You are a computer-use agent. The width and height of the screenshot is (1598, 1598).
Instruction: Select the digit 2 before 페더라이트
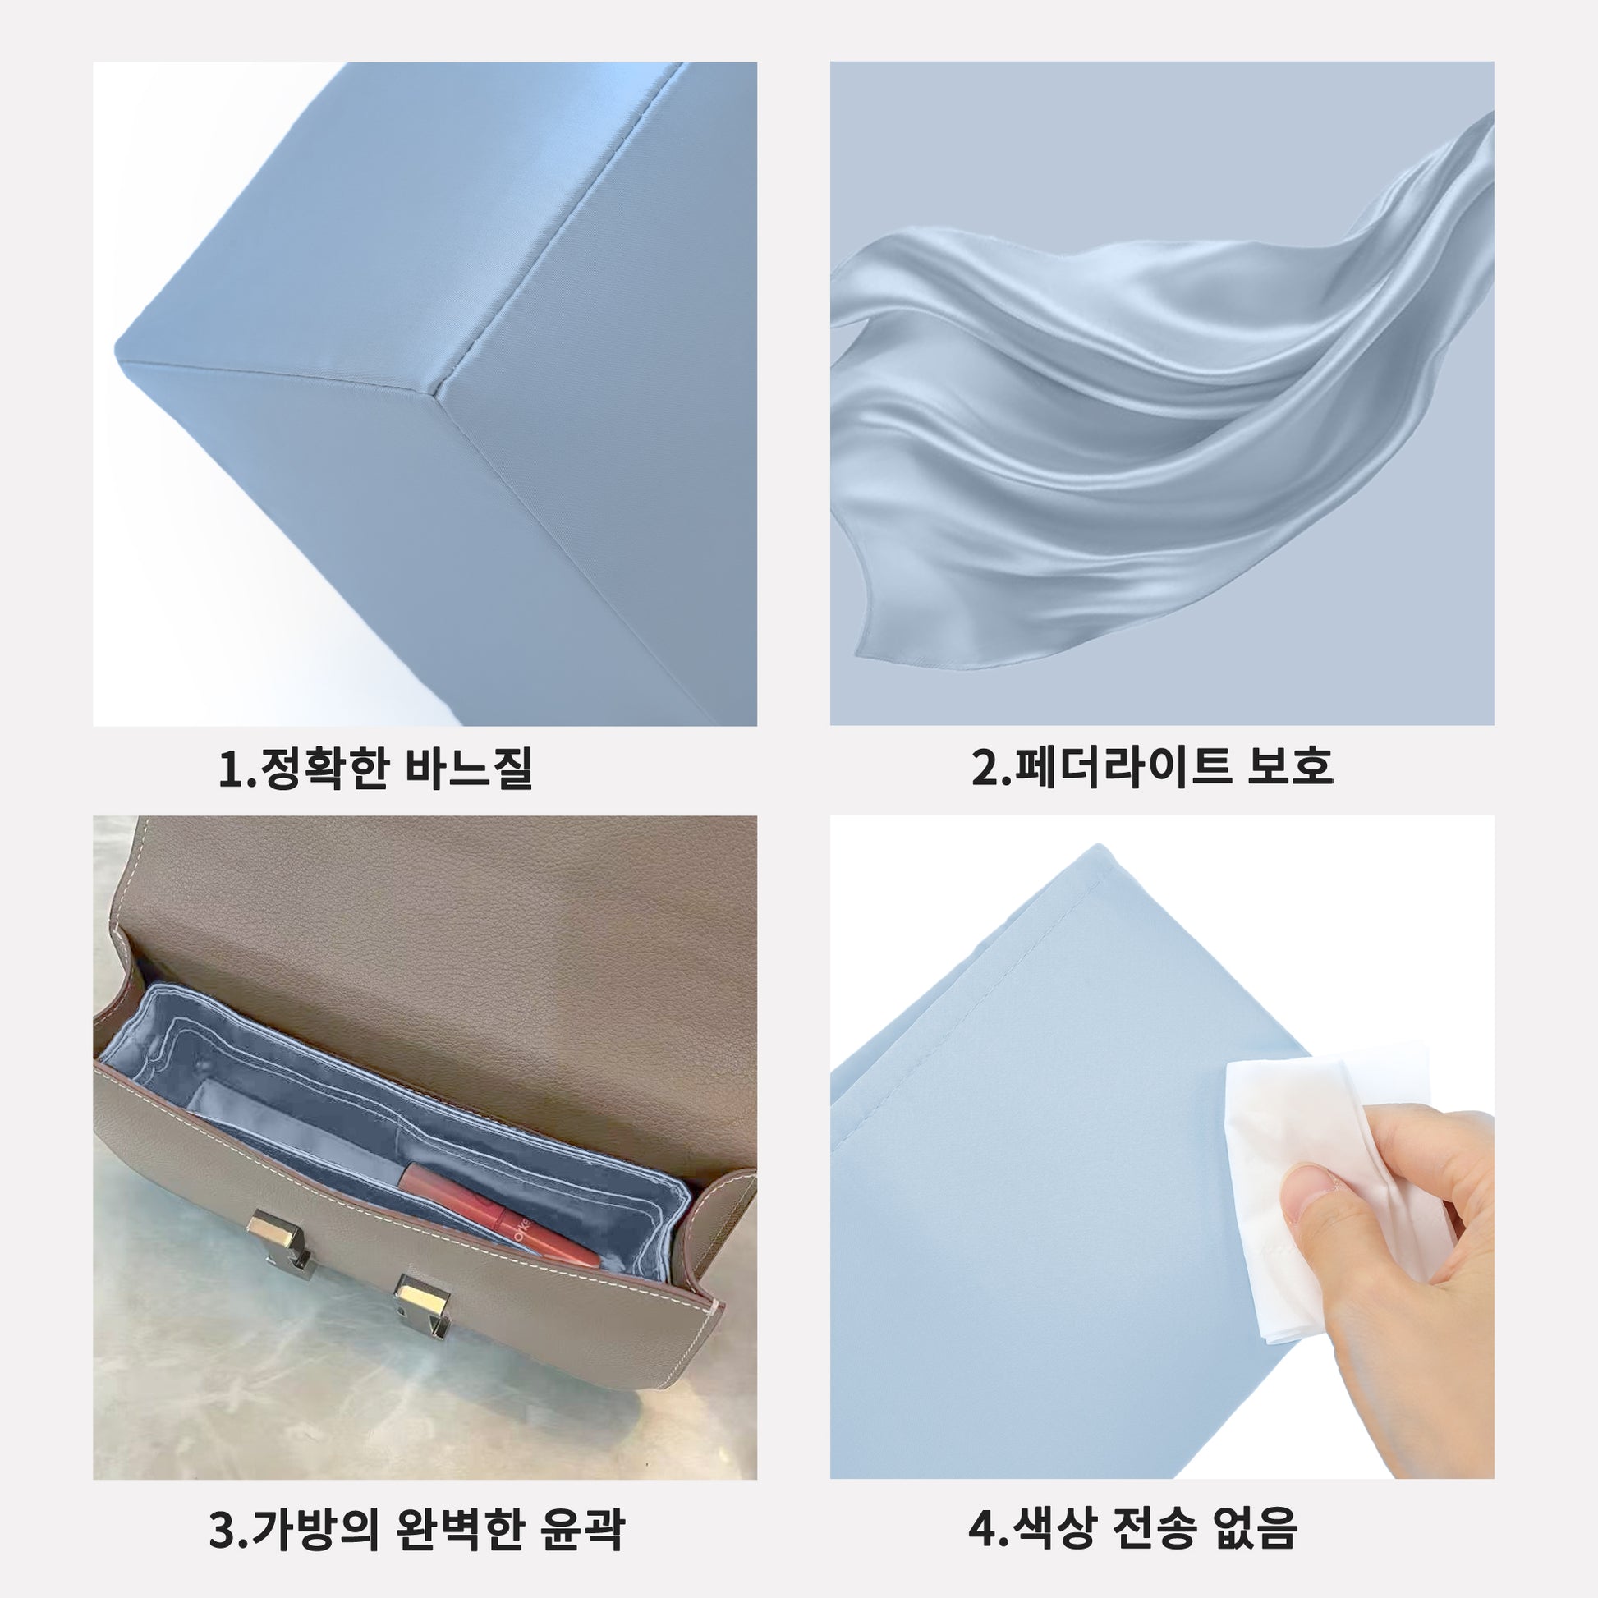985,767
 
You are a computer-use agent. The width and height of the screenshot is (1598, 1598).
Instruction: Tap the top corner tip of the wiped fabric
1099,844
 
